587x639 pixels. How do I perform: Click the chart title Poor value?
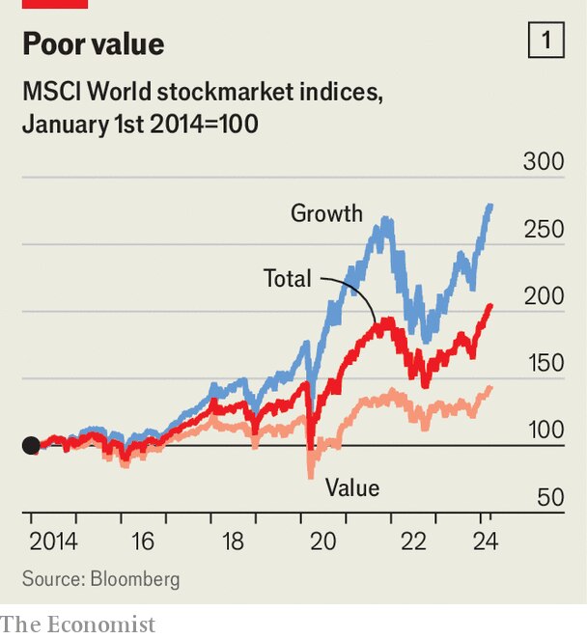94,43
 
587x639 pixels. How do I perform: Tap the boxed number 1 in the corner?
546,41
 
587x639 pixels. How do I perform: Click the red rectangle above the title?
55,4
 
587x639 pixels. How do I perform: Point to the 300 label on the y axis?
543,161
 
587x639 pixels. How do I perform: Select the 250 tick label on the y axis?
543,229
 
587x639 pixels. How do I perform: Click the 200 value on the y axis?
543,296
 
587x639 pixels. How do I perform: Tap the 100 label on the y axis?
543,431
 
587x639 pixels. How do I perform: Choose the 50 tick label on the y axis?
548,498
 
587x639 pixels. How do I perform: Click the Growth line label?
326,213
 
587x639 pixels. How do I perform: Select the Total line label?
288,280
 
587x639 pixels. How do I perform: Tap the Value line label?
352,487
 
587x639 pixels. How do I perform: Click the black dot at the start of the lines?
31,445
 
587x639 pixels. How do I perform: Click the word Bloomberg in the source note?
134,579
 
